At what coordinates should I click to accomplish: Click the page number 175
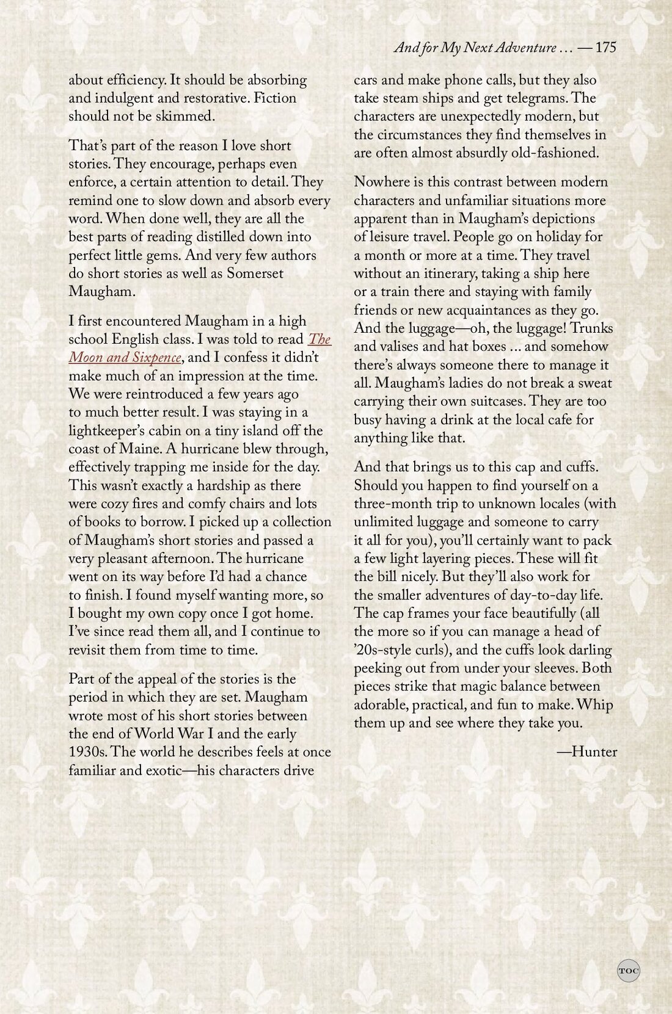(x=605, y=48)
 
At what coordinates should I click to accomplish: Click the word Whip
(x=594, y=705)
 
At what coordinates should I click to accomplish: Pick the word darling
(x=586, y=650)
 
